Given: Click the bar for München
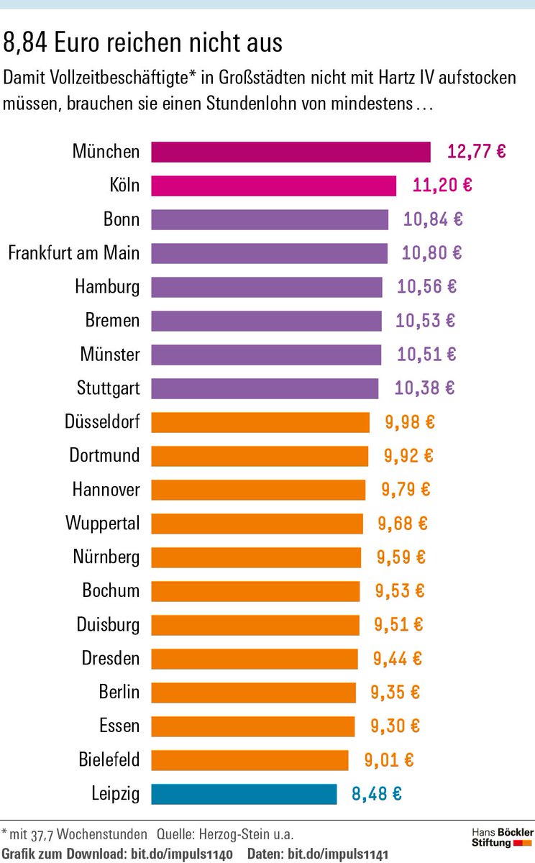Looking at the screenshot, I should click(291, 152).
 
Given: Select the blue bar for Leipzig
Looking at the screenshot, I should click(244, 794).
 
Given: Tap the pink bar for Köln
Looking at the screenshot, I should click(273, 186).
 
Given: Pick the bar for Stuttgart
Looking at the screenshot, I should click(265, 388).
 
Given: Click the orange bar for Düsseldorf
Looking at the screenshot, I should click(260, 422).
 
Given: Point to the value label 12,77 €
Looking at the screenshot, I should click(476, 152).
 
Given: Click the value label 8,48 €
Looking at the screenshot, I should click(376, 794).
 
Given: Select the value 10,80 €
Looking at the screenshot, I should click(431, 253).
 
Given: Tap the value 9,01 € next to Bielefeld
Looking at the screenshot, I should click(388, 760).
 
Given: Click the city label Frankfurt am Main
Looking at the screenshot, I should click(73, 253).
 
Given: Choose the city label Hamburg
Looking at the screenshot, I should click(107, 287).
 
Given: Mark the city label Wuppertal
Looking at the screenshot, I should click(103, 523).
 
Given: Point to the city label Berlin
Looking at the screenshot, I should click(119, 692).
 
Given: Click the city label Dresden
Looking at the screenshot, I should click(110, 658).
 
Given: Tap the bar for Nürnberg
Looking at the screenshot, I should click(256, 557).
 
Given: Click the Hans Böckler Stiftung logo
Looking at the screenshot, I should click(502, 837).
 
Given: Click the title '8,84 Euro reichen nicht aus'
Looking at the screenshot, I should click(143, 43).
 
